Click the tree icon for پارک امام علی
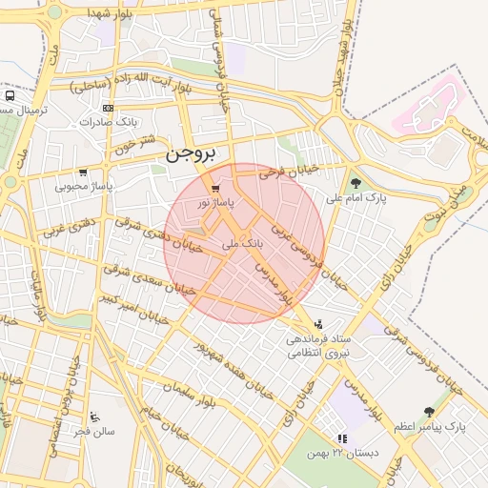[356, 183]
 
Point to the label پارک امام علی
[354, 198]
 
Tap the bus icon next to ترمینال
[10, 96]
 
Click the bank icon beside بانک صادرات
[107, 108]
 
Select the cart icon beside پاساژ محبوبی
[84, 173]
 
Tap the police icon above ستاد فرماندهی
[317, 324]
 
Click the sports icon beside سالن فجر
[93, 417]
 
